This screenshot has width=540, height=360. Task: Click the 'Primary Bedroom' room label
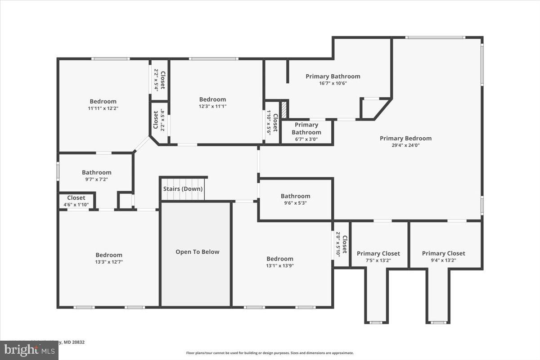(405, 138)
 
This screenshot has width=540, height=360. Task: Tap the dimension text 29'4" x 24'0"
(405, 145)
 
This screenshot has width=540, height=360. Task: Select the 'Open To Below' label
(197, 252)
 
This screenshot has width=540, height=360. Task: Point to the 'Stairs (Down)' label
(183, 189)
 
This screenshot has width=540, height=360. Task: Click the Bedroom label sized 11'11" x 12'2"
(103, 101)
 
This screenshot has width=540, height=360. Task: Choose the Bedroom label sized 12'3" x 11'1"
(212, 99)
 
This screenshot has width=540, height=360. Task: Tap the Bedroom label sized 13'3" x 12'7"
(108, 255)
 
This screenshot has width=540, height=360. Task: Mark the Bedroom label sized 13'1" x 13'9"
(279, 258)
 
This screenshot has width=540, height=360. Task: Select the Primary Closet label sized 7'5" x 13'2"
(378, 253)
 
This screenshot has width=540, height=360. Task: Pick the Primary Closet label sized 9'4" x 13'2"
(443, 253)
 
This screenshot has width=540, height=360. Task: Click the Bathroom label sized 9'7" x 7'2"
(96, 172)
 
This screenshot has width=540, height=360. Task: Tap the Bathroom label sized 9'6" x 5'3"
(295, 196)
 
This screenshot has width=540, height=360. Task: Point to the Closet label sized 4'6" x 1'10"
(76, 198)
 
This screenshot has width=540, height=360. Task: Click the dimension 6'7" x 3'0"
(306, 139)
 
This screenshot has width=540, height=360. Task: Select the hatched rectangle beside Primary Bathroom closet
(284, 109)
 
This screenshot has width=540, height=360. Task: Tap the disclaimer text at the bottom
(270, 353)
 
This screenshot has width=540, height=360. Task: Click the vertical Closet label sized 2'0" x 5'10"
(344, 244)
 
